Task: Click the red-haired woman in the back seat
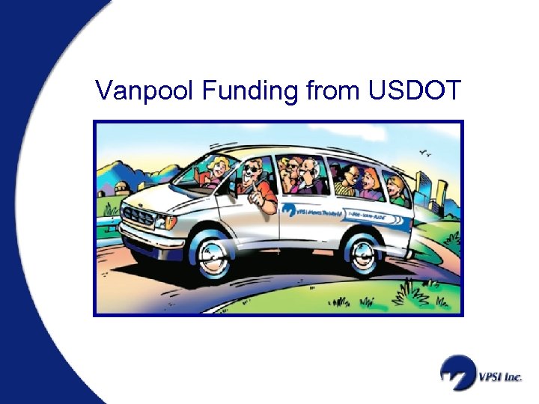tap(371, 180)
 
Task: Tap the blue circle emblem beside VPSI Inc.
tap(456, 373)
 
